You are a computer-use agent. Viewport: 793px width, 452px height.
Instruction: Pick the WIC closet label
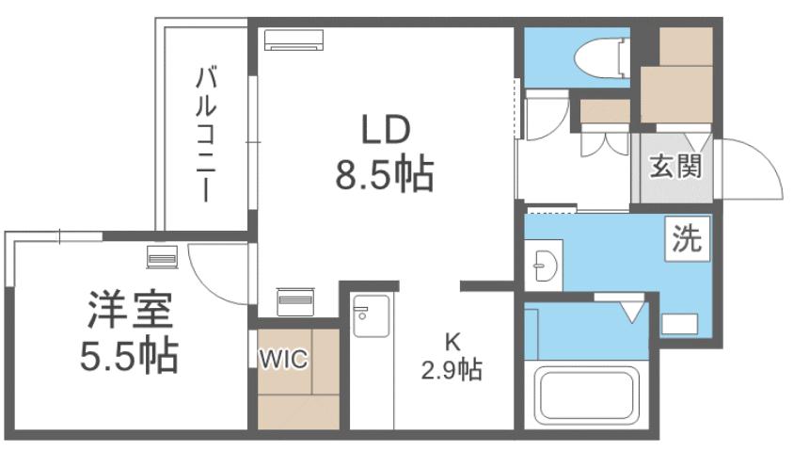[284, 361]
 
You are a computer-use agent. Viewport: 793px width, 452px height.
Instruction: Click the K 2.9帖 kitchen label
[450, 357]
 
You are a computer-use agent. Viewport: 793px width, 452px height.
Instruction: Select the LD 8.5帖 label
[383, 152]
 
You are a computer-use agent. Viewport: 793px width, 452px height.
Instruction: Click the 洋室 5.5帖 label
[128, 329]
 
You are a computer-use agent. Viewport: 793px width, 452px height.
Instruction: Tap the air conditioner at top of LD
[293, 39]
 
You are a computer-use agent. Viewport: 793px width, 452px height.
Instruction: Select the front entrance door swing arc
[753, 169]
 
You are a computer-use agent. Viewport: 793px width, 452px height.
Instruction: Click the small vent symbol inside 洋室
[161, 257]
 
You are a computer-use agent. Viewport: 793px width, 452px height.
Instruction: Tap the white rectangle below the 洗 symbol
[679, 323]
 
